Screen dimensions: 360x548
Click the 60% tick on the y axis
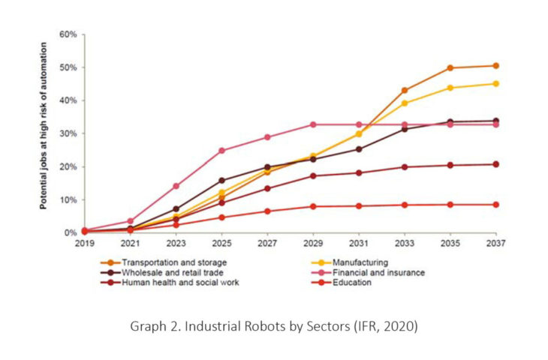coord(68,34)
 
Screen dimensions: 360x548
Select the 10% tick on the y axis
coord(68,199)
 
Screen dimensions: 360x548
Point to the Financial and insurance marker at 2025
coord(222,151)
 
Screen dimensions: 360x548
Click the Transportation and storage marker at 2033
coord(405,91)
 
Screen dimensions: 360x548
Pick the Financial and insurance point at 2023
coord(176,186)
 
